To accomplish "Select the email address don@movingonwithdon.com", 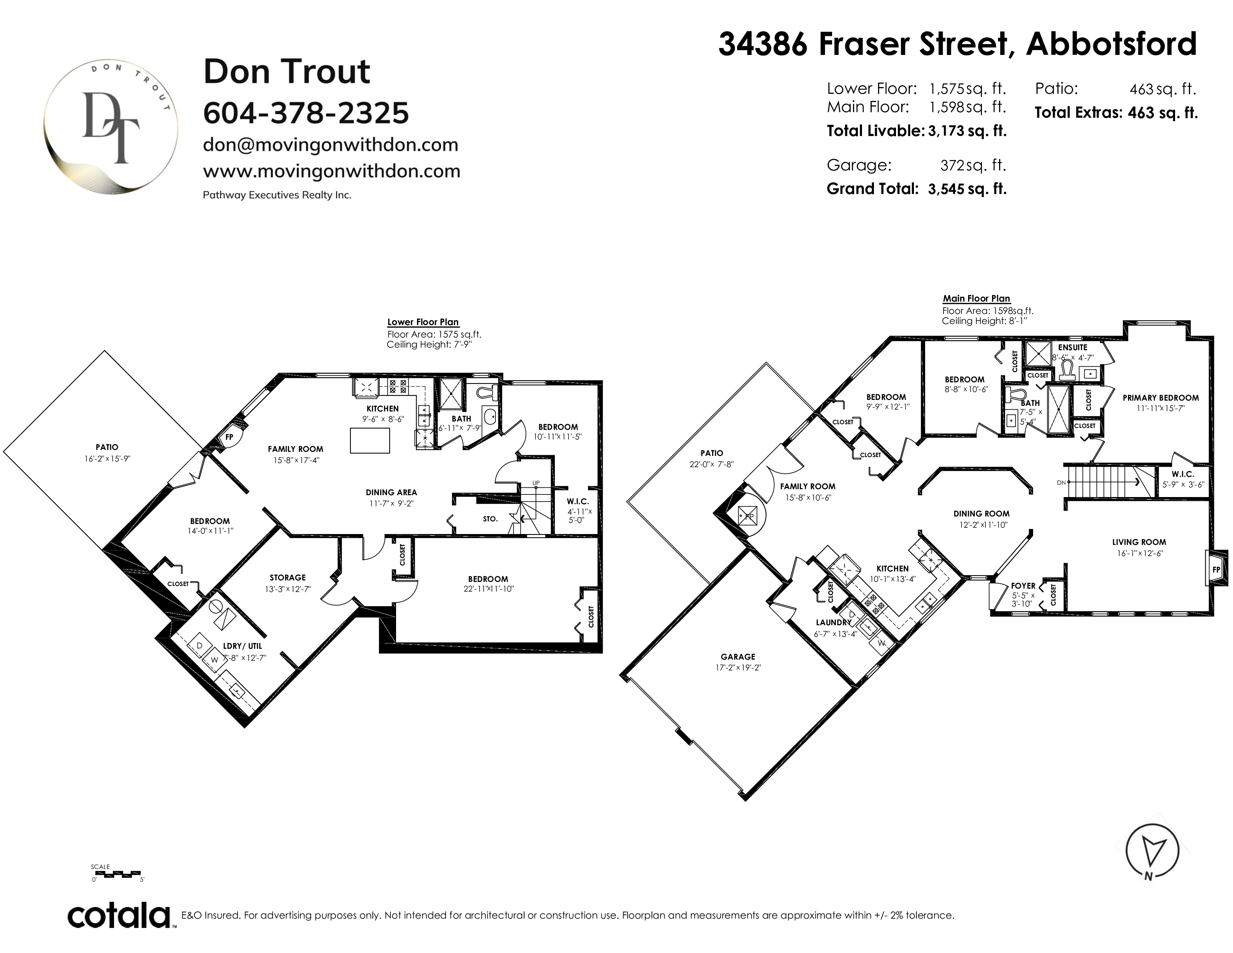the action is click(330, 145).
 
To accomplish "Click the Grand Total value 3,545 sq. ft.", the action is click(967, 189).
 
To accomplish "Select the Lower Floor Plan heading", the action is click(423, 323).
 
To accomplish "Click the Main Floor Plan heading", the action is click(976, 299).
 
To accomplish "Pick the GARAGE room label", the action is click(738, 657).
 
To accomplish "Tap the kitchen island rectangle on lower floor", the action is click(370, 440).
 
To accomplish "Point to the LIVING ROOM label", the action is click(1139, 542).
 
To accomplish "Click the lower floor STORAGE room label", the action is click(287, 577).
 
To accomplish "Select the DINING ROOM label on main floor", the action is click(981, 514).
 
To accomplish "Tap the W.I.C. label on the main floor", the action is click(1183, 474).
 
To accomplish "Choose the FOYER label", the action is click(1023, 586).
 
